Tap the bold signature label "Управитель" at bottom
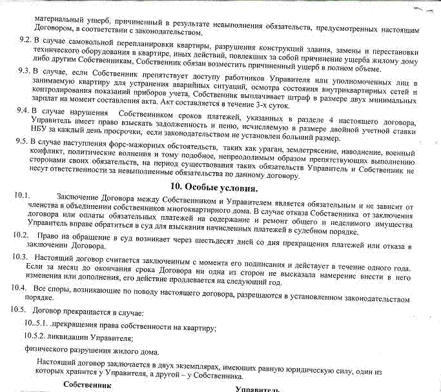tap(258, 389)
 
